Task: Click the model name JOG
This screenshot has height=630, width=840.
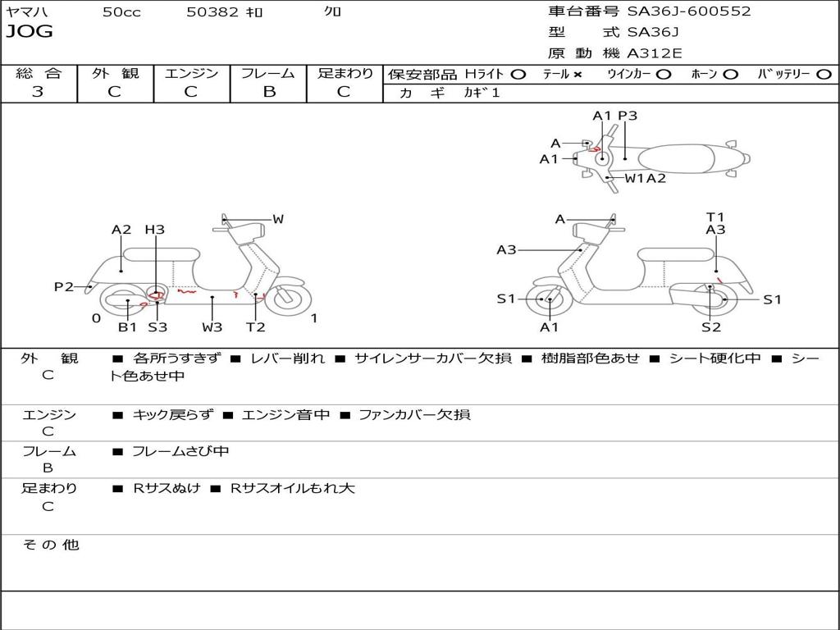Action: tap(30, 32)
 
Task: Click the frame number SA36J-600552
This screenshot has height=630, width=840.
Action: tap(689, 11)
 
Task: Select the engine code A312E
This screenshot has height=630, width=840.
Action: tap(654, 53)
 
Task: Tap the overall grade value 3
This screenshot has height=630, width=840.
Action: tap(38, 92)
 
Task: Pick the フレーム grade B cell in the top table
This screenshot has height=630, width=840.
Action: tap(269, 92)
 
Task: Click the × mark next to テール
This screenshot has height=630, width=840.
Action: tap(577, 75)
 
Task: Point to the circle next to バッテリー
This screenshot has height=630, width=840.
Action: tap(824, 75)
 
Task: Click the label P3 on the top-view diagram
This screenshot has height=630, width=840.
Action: tap(628, 116)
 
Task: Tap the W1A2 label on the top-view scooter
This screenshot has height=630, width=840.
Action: tap(645, 178)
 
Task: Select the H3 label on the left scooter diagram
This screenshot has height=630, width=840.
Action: tap(154, 230)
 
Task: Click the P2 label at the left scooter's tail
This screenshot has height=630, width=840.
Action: tap(64, 287)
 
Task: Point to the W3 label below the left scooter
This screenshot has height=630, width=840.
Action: tap(212, 326)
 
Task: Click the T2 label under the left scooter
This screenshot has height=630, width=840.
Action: tap(256, 326)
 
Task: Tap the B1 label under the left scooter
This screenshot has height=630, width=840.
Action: tap(127, 326)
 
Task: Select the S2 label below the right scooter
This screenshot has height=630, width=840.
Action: tap(711, 326)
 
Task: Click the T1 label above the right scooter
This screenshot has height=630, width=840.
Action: tap(715, 217)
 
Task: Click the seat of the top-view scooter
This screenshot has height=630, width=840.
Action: tap(676, 159)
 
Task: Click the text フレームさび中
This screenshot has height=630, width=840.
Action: tap(180, 452)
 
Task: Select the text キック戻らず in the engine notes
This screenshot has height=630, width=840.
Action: tap(172, 414)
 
